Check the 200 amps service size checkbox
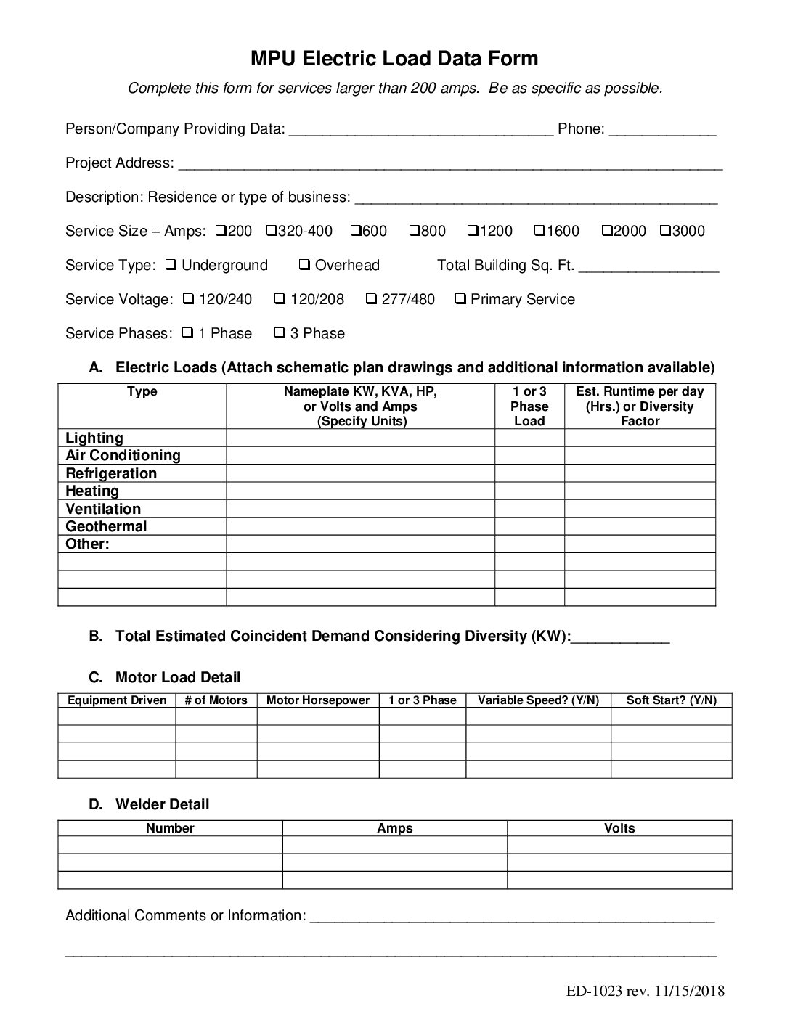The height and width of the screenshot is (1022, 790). (x=221, y=231)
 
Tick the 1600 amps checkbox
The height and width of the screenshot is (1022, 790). (x=539, y=231)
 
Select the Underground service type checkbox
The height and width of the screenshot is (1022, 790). (x=171, y=265)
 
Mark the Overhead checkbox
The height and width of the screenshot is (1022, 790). (x=305, y=265)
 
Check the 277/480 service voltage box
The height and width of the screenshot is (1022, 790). (x=371, y=299)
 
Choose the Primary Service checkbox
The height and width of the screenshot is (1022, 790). (x=460, y=299)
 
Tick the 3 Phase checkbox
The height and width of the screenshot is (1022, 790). (x=280, y=333)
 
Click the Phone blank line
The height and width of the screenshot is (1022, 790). (x=662, y=131)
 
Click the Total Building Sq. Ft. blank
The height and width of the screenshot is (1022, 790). (x=650, y=267)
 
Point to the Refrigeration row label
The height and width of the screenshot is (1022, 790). (x=111, y=473)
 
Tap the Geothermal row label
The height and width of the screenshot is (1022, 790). (x=106, y=526)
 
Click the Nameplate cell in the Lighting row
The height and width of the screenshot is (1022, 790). (x=360, y=438)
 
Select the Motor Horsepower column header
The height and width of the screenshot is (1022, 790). (x=318, y=700)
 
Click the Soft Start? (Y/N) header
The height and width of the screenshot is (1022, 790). (x=671, y=700)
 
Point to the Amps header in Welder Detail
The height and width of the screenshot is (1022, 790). (x=394, y=828)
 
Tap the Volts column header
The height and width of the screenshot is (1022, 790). (x=619, y=828)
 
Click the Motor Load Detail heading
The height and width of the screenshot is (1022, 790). (x=177, y=677)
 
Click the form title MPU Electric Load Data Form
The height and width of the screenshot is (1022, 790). (x=394, y=59)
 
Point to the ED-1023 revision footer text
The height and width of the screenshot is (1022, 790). (x=646, y=992)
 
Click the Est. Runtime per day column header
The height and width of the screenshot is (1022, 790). (x=640, y=406)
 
